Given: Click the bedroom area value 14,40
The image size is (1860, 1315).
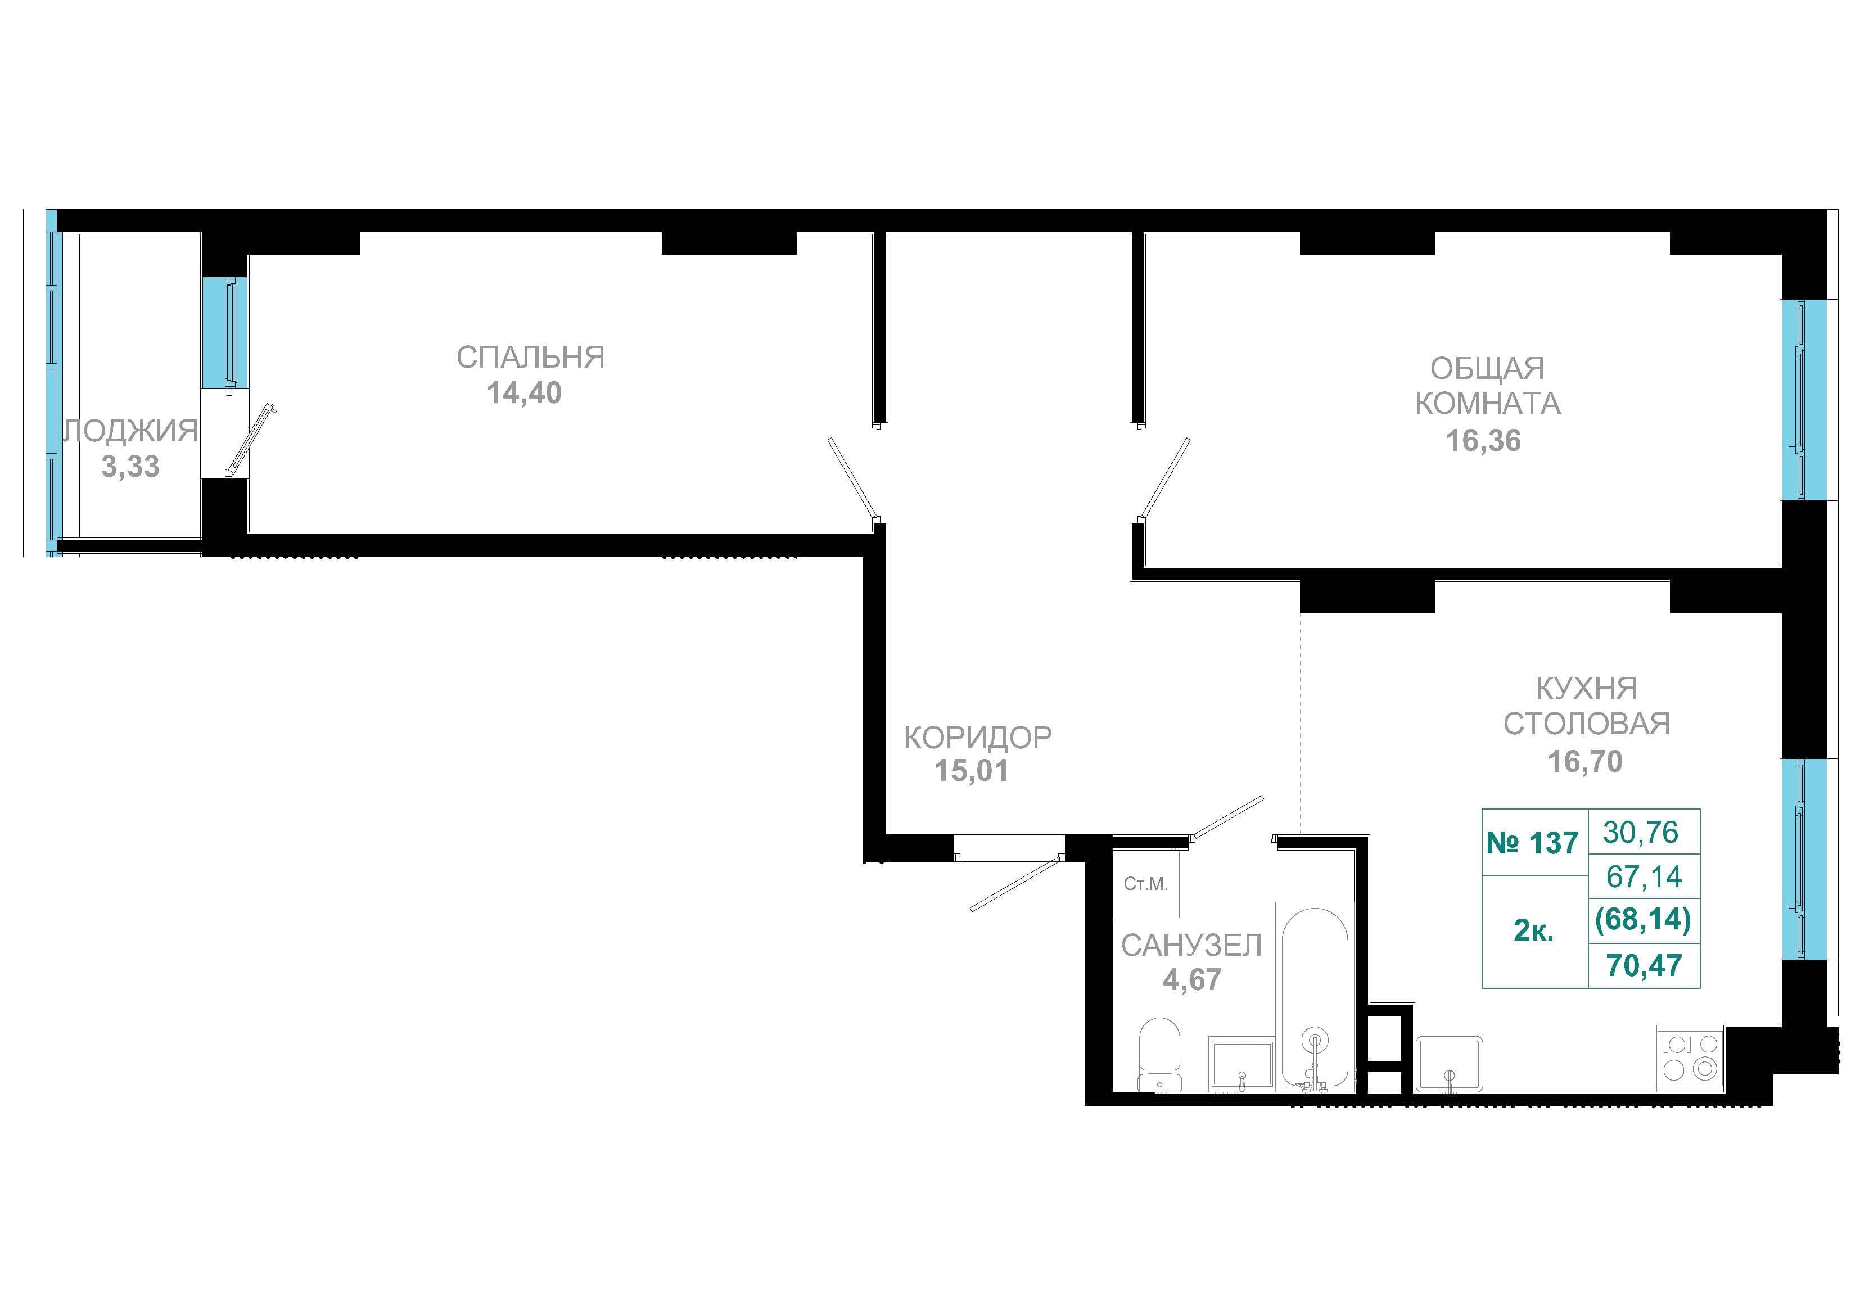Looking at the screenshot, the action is pyautogui.click(x=523, y=393).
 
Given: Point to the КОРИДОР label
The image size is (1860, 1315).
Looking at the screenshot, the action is pyautogui.click(x=977, y=737).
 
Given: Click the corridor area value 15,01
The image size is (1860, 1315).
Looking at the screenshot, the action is pyautogui.click(x=972, y=771).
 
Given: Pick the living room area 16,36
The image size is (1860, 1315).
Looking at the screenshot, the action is pyautogui.click(x=1483, y=441).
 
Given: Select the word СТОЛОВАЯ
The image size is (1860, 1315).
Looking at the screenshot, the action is pyautogui.click(x=1586, y=724).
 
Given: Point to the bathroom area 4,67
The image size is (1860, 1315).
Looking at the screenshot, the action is pyautogui.click(x=1191, y=979).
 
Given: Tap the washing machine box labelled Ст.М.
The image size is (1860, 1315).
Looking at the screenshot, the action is pyautogui.click(x=1145, y=883).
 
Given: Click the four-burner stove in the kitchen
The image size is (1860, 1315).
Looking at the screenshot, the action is pyautogui.click(x=1690, y=1059).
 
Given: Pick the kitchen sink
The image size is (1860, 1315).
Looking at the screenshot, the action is pyautogui.click(x=1450, y=1064).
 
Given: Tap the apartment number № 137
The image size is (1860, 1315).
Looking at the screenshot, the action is pyautogui.click(x=1532, y=843).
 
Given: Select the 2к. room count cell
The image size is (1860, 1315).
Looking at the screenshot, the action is pyautogui.click(x=1533, y=931).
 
